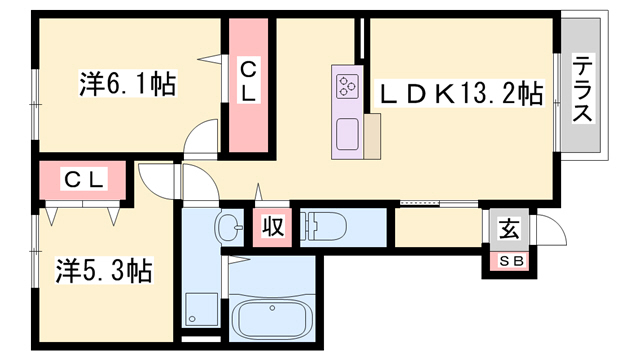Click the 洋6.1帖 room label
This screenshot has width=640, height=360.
click(128, 84)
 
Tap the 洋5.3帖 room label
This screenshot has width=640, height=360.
click(104, 269)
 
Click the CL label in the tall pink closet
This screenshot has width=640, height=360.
click(249, 80)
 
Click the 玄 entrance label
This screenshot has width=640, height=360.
click(509, 229)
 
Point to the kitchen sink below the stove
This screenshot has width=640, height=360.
click(348, 133)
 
